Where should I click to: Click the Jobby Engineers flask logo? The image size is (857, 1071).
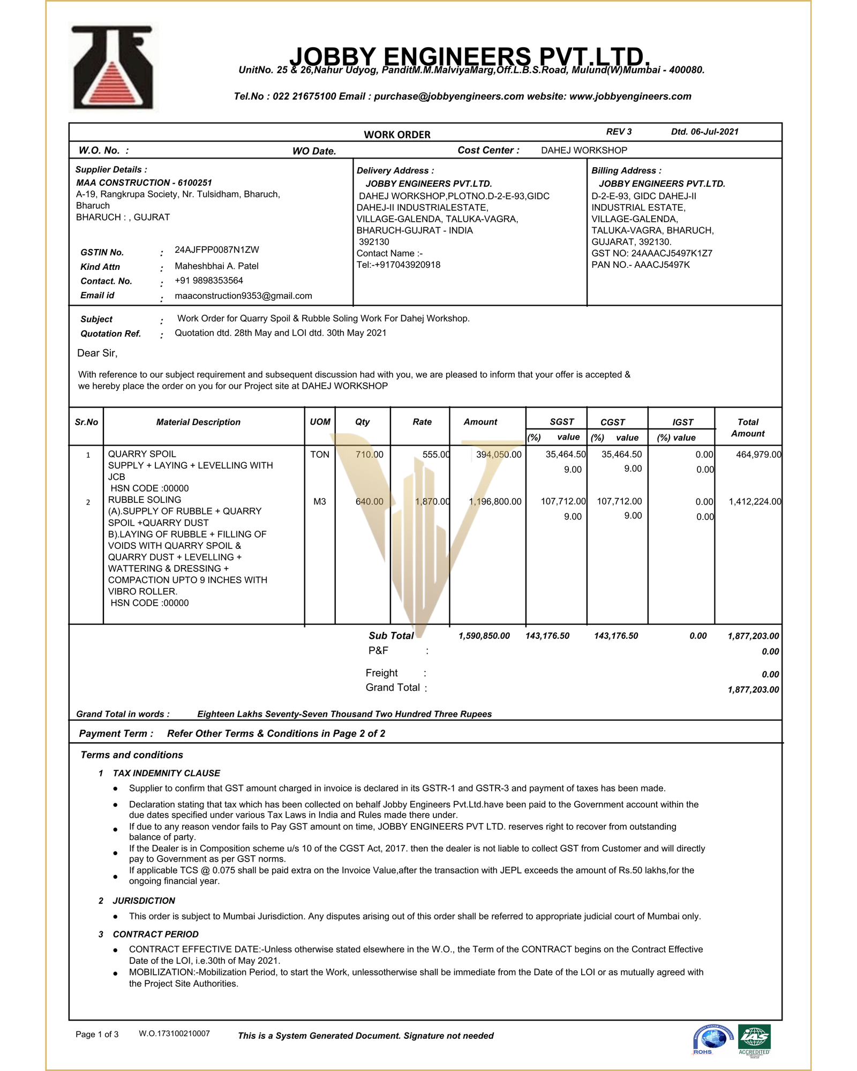[x=113, y=67]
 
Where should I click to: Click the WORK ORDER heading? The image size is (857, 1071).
[x=397, y=134]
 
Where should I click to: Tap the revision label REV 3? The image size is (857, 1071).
[x=619, y=132]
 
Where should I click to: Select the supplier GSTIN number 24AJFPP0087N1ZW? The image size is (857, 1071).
[x=216, y=250]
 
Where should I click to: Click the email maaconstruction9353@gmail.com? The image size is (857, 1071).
[x=243, y=296]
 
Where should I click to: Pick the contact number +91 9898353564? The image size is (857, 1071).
[x=208, y=281]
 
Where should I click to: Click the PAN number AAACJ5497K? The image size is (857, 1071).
[x=662, y=265]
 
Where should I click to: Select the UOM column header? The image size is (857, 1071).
[x=320, y=422]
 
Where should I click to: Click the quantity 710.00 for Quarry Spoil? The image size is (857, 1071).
[x=369, y=455]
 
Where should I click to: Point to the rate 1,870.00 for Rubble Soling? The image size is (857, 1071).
[x=432, y=502]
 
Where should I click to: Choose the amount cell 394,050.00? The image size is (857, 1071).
[x=498, y=455]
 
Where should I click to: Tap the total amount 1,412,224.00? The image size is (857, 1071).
[x=754, y=502]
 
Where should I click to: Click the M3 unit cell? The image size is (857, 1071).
[x=320, y=502]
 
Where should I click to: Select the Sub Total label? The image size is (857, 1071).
[x=391, y=636]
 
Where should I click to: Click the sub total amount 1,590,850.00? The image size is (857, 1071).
[x=484, y=636]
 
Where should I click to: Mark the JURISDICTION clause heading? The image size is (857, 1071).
[x=144, y=901]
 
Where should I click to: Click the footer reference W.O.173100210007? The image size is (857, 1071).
[x=174, y=1034]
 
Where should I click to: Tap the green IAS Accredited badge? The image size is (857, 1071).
[x=754, y=1038]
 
